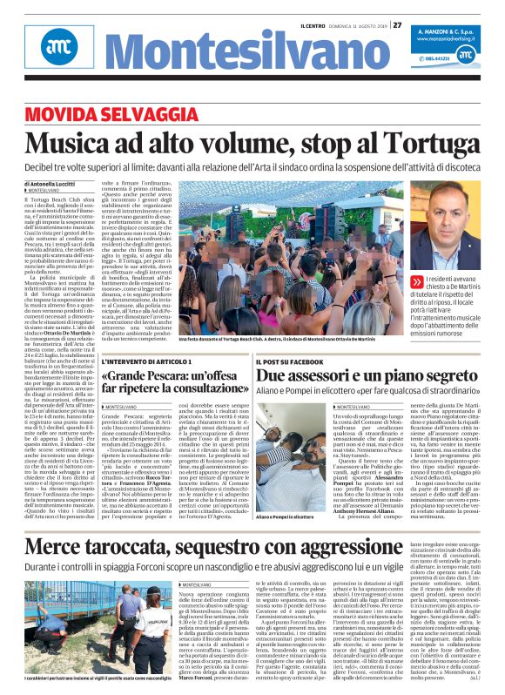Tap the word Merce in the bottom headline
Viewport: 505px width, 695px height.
pyautogui.click(x=63, y=523)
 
